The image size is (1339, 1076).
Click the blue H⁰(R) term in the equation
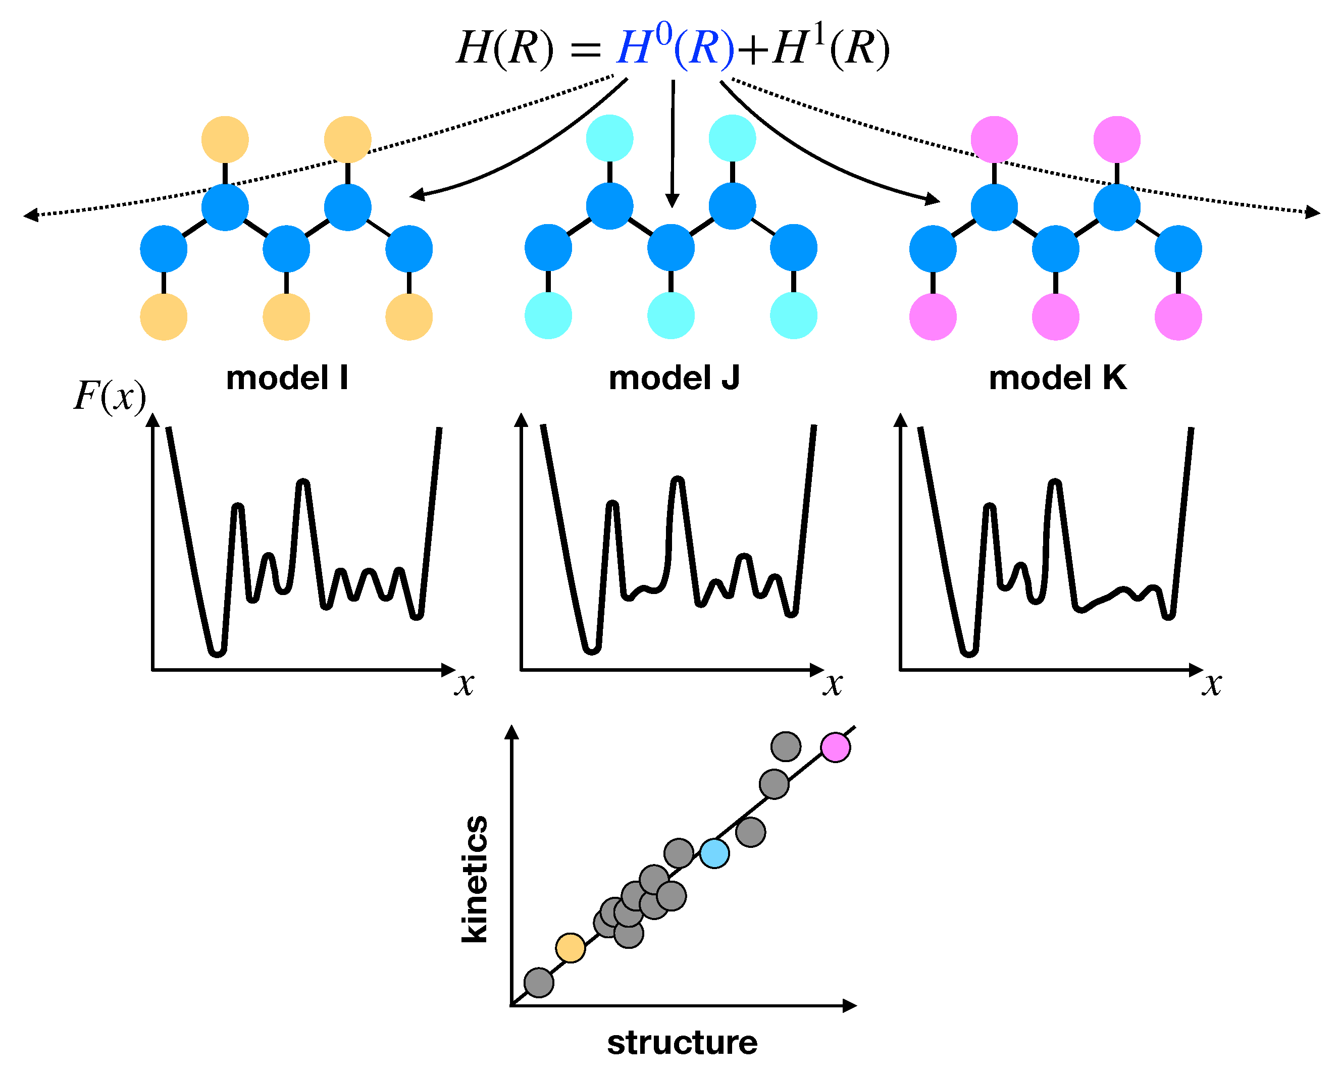pyautogui.click(x=675, y=48)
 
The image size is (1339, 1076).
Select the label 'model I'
pyautogui.click(x=287, y=378)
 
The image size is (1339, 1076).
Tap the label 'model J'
pyautogui.click(x=674, y=378)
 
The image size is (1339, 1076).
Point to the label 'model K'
pyautogui.click(x=1057, y=378)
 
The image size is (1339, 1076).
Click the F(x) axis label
pyautogui.click(x=110, y=396)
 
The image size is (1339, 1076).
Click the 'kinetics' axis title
pyautogui.click(x=475, y=879)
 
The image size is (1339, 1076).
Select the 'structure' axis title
pyautogui.click(x=682, y=1043)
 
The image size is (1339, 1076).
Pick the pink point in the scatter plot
pyautogui.click(x=835, y=747)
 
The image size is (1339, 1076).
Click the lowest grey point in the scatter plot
pyautogui.click(x=538, y=982)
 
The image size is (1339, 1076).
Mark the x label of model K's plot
pyautogui.click(x=1211, y=685)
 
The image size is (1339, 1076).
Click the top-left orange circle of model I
pyautogui.click(x=225, y=140)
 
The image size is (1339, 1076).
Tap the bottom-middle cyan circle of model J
pyautogui.click(x=671, y=315)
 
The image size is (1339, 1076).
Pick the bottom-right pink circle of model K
pyautogui.click(x=1177, y=316)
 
